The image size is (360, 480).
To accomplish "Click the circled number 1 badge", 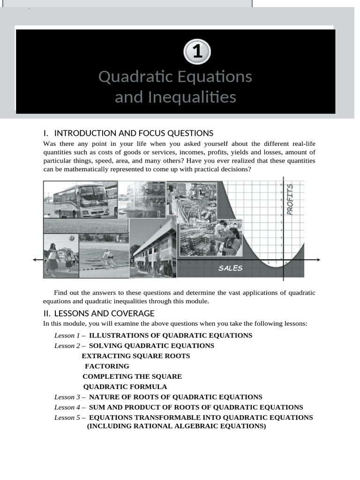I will [197, 52].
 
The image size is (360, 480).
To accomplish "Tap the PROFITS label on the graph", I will [290, 199].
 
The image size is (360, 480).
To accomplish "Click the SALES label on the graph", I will [231, 268].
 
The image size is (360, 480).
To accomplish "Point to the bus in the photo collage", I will [81, 200].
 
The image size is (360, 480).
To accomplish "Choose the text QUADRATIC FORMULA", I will [125, 387].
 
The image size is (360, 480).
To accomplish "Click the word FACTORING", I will [107, 366].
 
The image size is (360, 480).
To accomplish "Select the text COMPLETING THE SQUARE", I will [132, 376].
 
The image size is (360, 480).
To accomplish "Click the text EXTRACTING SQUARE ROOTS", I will [136, 356].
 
